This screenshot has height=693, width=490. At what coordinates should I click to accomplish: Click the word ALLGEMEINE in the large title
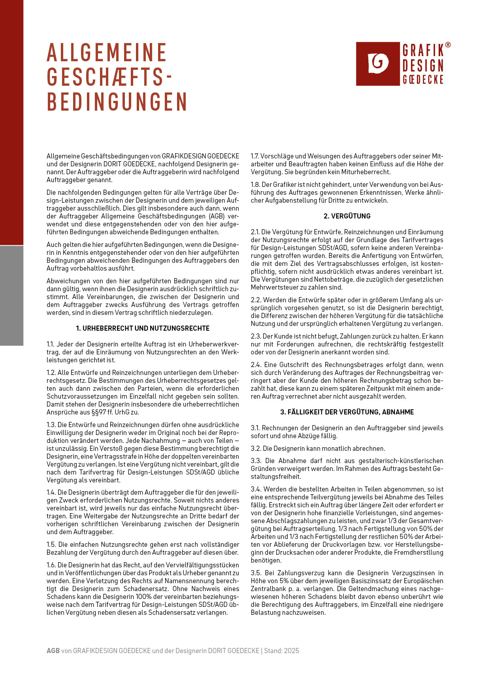pos(107,53)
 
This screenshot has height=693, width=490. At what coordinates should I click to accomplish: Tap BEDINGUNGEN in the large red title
pos(117,102)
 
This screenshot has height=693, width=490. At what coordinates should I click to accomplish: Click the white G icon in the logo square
pos(378,63)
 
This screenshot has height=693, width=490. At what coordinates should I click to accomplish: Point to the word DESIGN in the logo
pos(423,66)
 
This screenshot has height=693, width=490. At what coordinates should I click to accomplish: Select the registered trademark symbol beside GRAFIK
pos(448,45)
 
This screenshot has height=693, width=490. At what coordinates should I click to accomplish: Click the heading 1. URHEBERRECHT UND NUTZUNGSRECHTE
pos(143,328)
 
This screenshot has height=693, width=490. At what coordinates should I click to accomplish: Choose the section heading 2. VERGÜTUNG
pos(347,216)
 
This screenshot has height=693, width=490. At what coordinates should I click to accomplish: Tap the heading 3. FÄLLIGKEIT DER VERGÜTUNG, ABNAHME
pos(347,412)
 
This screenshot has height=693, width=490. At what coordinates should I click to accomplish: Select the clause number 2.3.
pos(256,336)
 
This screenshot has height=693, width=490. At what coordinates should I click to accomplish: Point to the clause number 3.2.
pos(256,448)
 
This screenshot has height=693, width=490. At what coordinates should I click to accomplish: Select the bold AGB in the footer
pos(53,651)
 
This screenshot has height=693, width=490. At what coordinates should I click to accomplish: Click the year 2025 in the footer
pos(292,651)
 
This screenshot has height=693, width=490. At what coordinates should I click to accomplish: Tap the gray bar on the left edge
pos(11,296)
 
